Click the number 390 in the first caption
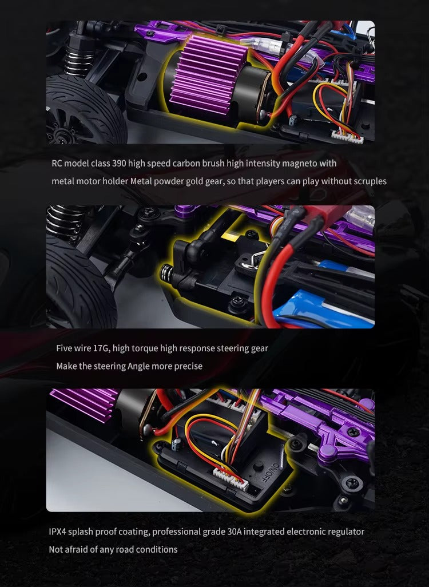click(x=118, y=164)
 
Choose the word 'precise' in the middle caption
click(x=188, y=366)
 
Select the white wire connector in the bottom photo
click(x=231, y=478)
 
